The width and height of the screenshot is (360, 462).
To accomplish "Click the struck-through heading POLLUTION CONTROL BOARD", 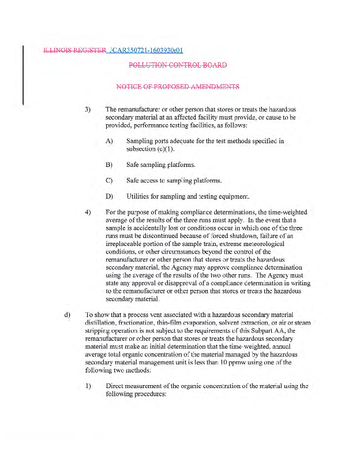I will click(x=178, y=65).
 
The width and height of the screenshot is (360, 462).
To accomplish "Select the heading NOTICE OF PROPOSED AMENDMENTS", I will click(x=178, y=87).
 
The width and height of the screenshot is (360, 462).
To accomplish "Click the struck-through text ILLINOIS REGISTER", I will click(x=75, y=50).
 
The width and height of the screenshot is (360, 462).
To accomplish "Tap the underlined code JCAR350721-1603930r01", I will click(x=147, y=50).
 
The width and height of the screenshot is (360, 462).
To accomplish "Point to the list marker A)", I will click(x=109, y=141).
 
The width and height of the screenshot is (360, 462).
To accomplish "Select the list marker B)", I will click(x=109, y=165).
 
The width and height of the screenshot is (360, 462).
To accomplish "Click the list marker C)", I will click(x=109, y=181).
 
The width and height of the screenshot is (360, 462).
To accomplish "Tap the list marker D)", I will click(x=109, y=196).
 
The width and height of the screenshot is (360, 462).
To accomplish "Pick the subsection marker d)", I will click(x=67, y=315).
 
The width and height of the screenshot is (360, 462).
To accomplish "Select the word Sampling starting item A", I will click(x=139, y=141).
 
